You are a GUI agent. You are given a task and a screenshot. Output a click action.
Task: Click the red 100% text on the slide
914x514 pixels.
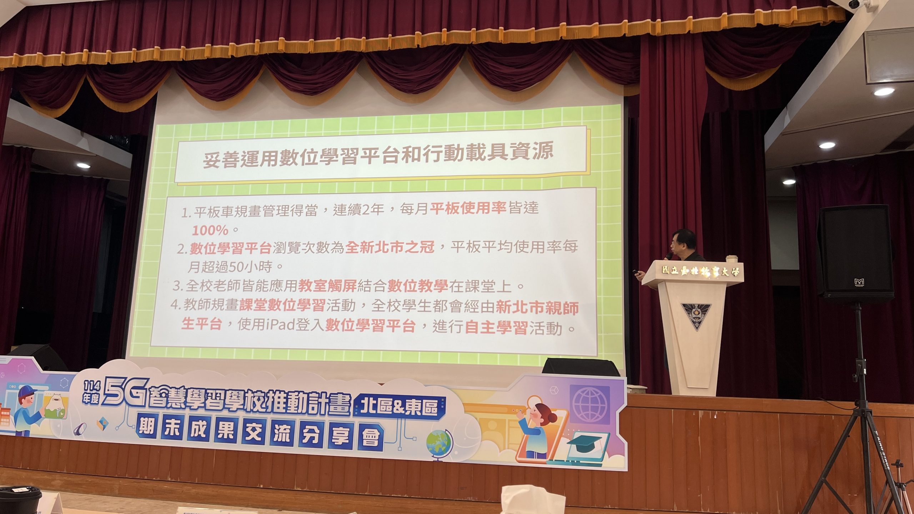(210, 230)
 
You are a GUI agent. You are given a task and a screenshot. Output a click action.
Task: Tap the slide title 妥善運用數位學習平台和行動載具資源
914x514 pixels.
(378, 155)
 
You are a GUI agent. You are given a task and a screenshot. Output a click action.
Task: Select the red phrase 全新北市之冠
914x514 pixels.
(390, 247)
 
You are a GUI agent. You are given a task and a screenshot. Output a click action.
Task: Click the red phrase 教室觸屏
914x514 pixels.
(327, 285)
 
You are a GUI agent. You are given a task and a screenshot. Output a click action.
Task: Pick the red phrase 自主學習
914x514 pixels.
(496, 327)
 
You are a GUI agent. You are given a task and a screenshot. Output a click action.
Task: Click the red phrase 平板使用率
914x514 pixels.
(468, 208)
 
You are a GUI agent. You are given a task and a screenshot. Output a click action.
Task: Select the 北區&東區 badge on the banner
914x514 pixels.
(399, 406)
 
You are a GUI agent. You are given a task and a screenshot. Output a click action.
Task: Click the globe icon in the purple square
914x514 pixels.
(589, 404)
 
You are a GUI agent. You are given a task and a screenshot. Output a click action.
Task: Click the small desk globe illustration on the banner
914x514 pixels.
(440, 446)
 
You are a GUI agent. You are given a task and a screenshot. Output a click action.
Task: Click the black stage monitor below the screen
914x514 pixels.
(581, 367)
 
